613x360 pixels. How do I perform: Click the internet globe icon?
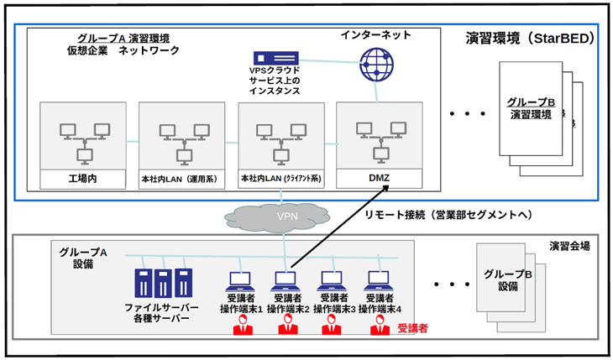pyautogui.click(x=376, y=65)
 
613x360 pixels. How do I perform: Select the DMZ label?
pyautogui.click(x=379, y=178)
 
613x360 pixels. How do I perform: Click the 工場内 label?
pyautogui.click(x=82, y=179)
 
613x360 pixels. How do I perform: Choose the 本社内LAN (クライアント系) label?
pyautogui.click(x=280, y=179)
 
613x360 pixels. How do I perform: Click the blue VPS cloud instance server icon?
pyautogui.click(x=275, y=58)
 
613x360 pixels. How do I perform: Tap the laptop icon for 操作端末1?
pyautogui.click(x=239, y=281)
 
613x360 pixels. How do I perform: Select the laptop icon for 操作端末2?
pyautogui.click(x=287, y=281)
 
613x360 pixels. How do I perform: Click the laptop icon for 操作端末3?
pyautogui.click(x=333, y=281)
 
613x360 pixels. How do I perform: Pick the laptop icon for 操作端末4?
pyautogui.click(x=379, y=281)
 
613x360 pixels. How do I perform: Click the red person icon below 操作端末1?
pyautogui.click(x=243, y=326)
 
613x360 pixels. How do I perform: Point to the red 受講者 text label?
pyautogui.click(x=412, y=328)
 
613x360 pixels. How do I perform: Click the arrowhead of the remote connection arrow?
pyautogui.click(x=386, y=188)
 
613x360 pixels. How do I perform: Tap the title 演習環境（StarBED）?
pyautogui.click(x=530, y=39)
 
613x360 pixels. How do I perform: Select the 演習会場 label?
pyautogui.click(x=569, y=246)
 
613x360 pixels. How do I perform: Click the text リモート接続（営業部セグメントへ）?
pyautogui.click(x=449, y=215)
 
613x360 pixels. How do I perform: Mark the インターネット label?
pyautogui.click(x=375, y=34)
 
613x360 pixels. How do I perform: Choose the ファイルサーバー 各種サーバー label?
pyautogui.click(x=161, y=312)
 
